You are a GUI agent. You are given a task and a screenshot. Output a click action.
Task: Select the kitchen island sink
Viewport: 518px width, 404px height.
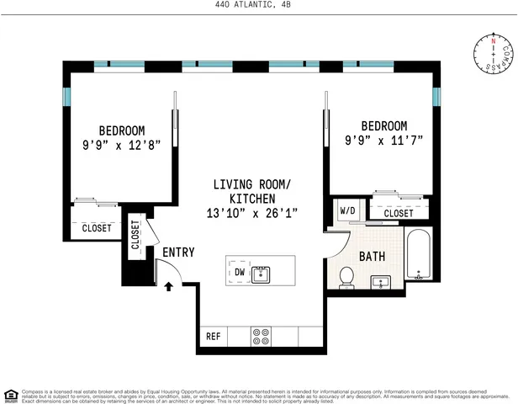[262, 273]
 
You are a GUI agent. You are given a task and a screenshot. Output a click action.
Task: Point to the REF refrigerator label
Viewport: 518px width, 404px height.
[213, 337]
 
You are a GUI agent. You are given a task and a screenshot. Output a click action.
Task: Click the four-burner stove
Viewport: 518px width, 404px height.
[261, 336]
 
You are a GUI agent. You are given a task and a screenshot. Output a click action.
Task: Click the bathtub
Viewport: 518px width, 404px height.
[418, 256]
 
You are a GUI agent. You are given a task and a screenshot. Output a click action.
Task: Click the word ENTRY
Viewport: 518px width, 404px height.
[178, 252]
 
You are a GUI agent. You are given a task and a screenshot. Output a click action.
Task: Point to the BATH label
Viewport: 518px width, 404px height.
[373, 256]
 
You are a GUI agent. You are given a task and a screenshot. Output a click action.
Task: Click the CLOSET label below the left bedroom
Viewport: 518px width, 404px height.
[96, 228]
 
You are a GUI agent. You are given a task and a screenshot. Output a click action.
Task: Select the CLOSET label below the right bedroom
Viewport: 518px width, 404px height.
[399, 214]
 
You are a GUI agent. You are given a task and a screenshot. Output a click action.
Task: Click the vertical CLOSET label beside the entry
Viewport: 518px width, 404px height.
[135, 236]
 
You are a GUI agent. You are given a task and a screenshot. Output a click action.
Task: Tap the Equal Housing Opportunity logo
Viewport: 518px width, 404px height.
[10, 393]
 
